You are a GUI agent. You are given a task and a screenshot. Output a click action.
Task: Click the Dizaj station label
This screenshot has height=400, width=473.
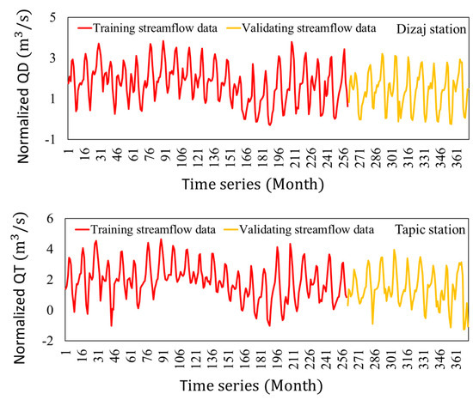[431, 27]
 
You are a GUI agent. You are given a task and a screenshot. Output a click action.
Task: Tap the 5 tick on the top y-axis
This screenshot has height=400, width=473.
[52, 17]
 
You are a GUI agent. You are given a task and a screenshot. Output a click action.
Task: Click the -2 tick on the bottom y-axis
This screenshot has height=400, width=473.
[50, 341]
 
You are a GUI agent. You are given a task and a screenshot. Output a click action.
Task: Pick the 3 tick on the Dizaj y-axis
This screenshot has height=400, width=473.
[52, 58]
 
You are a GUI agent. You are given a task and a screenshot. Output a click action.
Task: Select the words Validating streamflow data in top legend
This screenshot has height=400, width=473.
[315, 27]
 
